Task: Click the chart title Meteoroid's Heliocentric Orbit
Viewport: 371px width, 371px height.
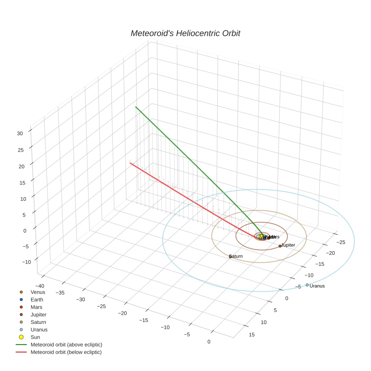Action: [185, 34]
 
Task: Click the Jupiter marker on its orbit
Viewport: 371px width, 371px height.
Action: [280, 246]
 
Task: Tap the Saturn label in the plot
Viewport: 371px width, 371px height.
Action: [236, 256]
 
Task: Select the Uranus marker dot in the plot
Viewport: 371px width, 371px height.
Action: [307, 285]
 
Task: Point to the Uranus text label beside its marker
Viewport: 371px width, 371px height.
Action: [317, 286]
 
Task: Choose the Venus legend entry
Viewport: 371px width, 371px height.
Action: [38, 292]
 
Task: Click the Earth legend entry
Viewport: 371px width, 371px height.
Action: [37, 300]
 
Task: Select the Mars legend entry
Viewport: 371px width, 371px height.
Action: [37, 307]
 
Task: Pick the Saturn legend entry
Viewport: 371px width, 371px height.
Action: [38, 322]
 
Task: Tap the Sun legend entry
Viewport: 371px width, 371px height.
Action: [35, 337]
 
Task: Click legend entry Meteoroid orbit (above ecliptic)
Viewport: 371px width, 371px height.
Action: [66, 345]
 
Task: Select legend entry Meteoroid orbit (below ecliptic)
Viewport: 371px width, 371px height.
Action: [66, 352]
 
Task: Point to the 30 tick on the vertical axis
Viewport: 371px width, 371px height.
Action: [20, 133]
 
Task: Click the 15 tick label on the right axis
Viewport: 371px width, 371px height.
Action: [252, 334]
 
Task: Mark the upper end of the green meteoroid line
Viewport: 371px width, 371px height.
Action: [136, 107]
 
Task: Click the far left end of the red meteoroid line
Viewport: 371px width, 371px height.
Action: [130, 163]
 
